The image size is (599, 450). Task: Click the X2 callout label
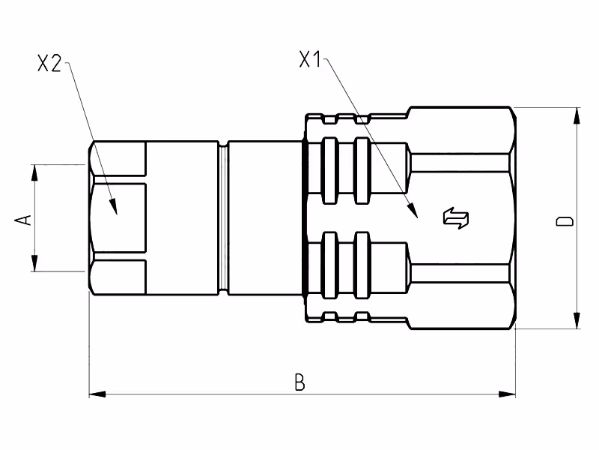coord(49,63)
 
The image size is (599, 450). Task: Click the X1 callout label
coord(310,59)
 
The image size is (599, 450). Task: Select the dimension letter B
coord(300,382)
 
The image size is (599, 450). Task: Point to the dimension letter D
coord(565,221)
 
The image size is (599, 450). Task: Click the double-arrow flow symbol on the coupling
coord(456,218)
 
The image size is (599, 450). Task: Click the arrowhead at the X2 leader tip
coord(113,207)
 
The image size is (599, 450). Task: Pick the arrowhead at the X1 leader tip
coord(413,211)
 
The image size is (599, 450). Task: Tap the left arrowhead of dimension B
coord(97,394)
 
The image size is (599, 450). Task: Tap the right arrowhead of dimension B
coord(507,394)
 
